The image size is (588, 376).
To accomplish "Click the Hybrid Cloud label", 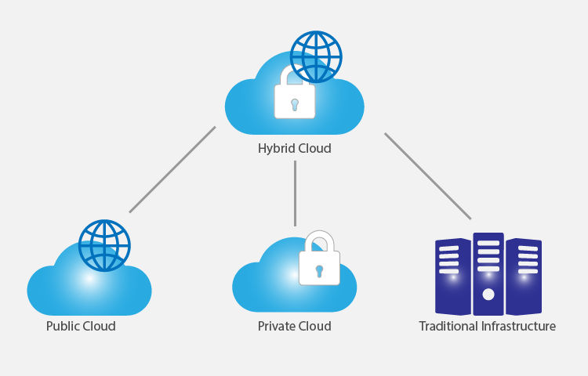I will (294, 148).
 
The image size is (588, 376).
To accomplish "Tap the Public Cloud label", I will (81, 326).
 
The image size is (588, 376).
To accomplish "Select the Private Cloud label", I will (294, 326).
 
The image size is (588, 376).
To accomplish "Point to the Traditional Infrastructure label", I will (487, 326).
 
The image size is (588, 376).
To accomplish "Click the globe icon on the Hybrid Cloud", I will (317, 57).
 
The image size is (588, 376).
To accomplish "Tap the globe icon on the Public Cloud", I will (104, 244).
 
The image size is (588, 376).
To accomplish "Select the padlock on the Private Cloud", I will (319, 266).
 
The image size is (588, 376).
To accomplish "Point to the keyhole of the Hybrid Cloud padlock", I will (295, 103).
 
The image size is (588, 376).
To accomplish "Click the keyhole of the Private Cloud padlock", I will (319, 271).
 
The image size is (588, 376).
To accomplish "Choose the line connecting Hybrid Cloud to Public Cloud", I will (172, 169).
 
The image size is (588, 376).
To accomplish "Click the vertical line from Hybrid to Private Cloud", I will (295, 193).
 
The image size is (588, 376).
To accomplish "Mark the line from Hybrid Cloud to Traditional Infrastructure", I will (427, 175).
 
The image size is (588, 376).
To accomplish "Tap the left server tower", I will (448, 276).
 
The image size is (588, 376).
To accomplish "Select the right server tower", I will (524, 276).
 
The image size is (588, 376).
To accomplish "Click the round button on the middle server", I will (488, 295).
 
